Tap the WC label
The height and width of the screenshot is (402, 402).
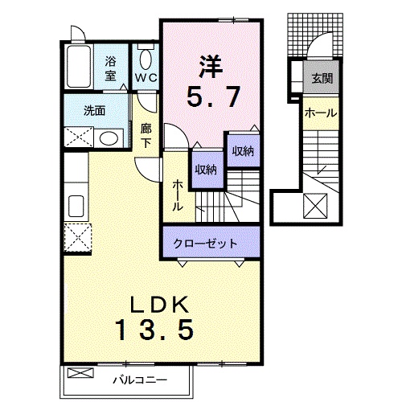point(146,78)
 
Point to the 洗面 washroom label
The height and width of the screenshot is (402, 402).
point(95,111)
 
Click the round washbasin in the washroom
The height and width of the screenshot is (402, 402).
point(107,137)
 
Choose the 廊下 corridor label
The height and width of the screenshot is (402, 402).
point(146,135)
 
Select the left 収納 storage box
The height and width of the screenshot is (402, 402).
point(206,169)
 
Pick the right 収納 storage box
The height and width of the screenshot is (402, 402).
point(244,150)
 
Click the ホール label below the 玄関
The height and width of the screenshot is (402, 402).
point(320,113)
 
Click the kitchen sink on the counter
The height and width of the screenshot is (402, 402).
point(77,203)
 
